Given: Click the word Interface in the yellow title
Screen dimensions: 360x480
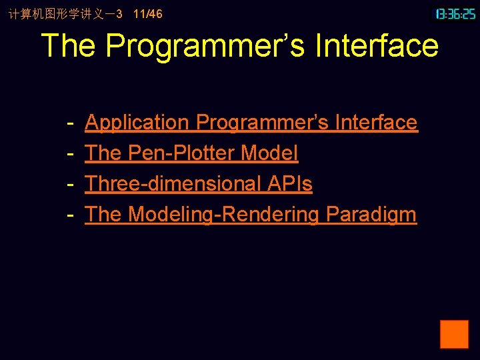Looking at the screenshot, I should [x=377, y=46].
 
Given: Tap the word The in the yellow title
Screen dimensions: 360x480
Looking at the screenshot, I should [x=69, y=46].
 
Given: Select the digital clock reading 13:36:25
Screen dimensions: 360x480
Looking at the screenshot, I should [x=455, y=13].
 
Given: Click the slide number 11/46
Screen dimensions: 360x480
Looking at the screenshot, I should [x=147, y=14].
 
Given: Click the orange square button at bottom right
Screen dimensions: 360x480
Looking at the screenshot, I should [x=454, y=334].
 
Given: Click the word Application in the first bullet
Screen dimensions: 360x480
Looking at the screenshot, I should [x=137, y=123].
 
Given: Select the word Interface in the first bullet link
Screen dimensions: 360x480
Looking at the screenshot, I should [x=376, y=123].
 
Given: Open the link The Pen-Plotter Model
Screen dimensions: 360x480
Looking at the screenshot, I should [x=191, y=153].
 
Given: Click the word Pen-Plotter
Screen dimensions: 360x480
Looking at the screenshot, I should [x=181, y=153].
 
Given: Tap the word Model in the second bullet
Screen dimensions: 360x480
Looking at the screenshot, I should [x=269, y=153].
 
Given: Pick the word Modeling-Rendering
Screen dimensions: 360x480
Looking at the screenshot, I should [x=223, y=215].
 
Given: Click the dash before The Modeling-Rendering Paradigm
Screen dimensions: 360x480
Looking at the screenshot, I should [x=70, y=215].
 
